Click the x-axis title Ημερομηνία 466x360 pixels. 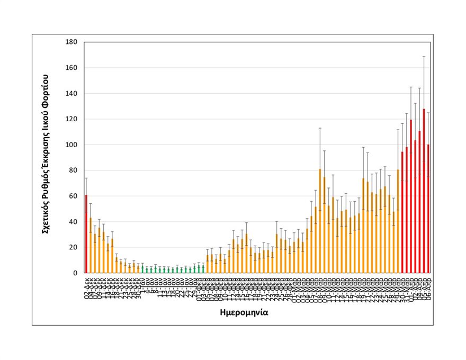click(244, 312)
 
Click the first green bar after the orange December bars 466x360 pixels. click(142, 269)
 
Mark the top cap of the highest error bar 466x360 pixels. click(424, 57)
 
